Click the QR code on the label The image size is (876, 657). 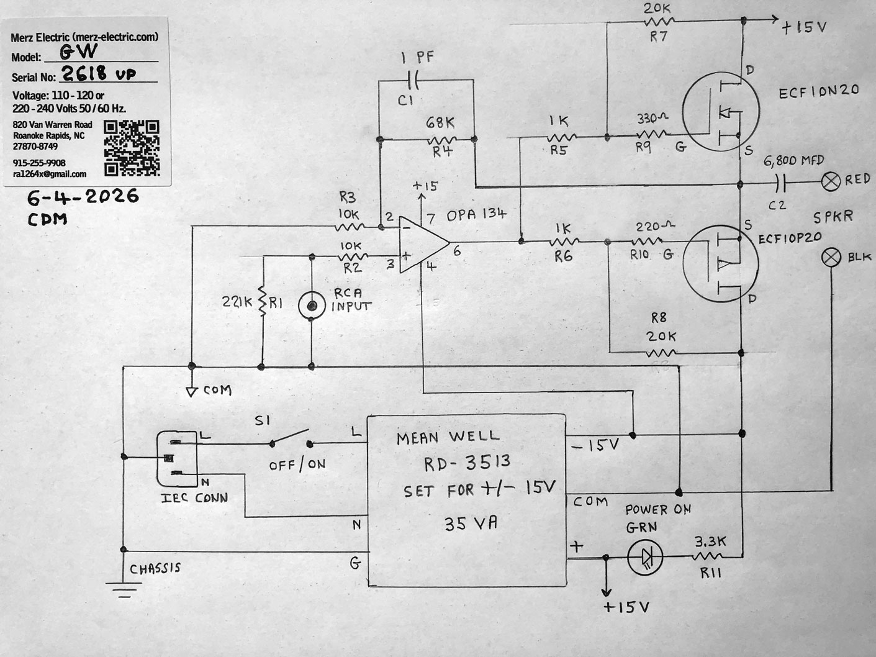point(132,148)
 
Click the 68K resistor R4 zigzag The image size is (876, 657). point(442,140)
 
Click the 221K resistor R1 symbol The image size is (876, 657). point(262,301)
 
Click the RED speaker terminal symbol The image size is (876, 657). point(831,182)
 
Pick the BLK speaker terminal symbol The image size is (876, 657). point(831,256)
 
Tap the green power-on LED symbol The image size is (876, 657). point(645,557)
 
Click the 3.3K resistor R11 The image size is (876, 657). point(707,556)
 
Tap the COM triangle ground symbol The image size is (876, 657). point(192,392)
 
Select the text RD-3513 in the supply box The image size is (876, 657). point(467,463)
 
